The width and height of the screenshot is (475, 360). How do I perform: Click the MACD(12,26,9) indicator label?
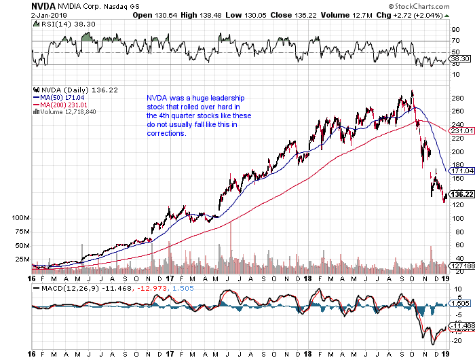(64, 289)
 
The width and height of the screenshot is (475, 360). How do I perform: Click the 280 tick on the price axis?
(457, 98)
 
